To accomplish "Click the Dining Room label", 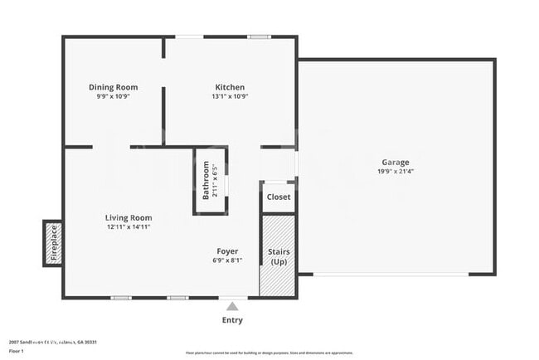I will click(x=114, y=87).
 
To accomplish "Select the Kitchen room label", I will click(x=230, y=87).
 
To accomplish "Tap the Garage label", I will click(x=396, y=163).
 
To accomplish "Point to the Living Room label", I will click(x=128, y=217).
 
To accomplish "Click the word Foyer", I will click(x=227, y=251).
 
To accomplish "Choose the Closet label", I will click(x=278, y=197).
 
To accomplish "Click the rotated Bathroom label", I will click(x=206, y=181).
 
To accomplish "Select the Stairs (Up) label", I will click(x=279, y=255).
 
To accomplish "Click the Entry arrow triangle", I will click(x=232, y=306).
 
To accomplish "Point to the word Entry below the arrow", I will click(x=232, y=320).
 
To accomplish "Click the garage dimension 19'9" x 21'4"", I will click(x=396, y=172).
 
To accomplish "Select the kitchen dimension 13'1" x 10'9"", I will click(x=230, y=96).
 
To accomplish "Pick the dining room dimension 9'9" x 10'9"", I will click(x=114, y=96).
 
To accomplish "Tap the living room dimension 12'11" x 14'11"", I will click(x=128, y=226).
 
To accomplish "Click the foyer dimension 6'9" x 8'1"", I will click(x=227, y=260).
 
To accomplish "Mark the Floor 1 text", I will click(x=17, y=351).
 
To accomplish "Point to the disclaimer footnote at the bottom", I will click(x=269, y=352).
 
